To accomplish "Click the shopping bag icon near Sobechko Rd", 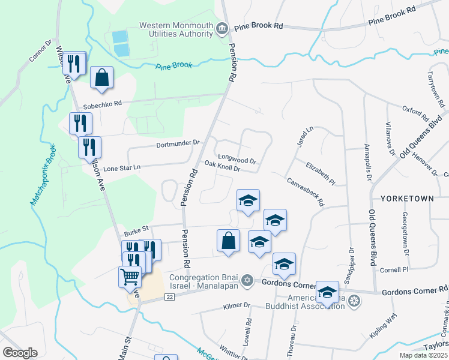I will pos(102,77).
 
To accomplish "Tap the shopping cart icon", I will pos(130,277).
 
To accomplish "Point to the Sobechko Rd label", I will pos(101,103).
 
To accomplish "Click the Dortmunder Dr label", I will pos(178,143).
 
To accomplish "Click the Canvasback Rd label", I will pos(306,191).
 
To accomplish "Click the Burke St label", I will pos(136,230).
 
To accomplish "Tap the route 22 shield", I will pos(170,297).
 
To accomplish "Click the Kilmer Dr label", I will pos(236,305).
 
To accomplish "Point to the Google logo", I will pos(20,352).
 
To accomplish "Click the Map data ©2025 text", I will pos(423,355).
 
